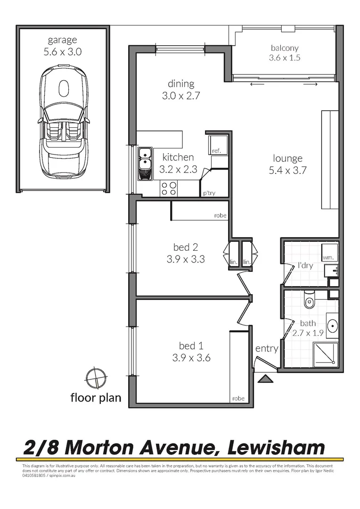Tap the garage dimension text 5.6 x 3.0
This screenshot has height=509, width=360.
(63, 52)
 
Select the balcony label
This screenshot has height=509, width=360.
(285, 48)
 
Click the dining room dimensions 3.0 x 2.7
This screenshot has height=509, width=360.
(181, 95)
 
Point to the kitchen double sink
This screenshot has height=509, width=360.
(144, 164)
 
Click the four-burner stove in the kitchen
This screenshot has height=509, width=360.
(169, 188)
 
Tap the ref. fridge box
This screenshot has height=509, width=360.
(217, 143)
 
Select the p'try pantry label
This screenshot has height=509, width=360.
(209, 193)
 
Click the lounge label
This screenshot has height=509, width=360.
(286, 158)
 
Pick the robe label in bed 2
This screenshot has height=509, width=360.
(220, 215)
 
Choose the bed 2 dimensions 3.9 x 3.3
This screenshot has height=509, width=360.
(185, 259)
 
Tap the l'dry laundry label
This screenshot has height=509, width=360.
(305, 266)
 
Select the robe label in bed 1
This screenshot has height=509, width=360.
(238, 398)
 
